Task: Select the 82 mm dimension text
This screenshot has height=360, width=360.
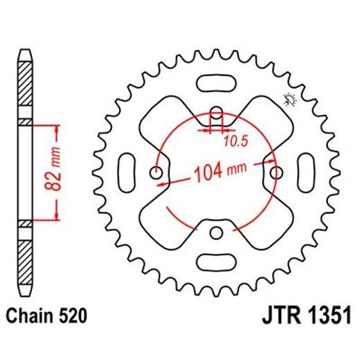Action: pos(58,171)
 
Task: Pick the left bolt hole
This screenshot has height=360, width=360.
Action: pos(156,172)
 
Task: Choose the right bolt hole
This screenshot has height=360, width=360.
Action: pos(276,172)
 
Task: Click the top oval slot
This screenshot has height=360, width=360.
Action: pos(216,81)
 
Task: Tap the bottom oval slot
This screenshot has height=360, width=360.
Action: pos(216,262)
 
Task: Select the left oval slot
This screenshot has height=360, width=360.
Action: pos(126,172)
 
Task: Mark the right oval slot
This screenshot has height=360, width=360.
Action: pos(307,172)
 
